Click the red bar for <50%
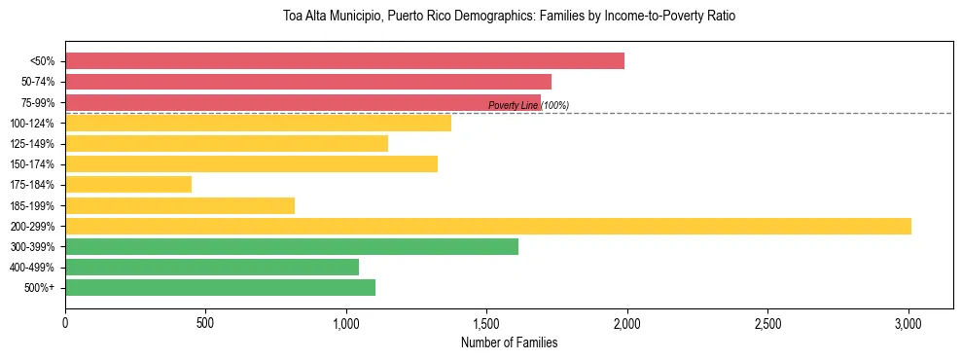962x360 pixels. click(344, 61)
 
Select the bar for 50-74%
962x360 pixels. click(308, 82)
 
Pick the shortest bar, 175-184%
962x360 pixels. click(128, 185)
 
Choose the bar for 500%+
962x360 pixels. click(220, 288)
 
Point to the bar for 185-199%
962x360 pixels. click(180, 205)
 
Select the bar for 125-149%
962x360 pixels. click(227, 144)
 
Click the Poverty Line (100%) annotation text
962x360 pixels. click(528, 105)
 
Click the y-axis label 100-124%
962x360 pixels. click(32, 124)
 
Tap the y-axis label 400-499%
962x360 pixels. click(32, 268)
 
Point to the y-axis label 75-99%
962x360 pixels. click(35, 103)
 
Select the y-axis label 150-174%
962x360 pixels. click(32, 164)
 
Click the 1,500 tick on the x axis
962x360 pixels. click(486, 322)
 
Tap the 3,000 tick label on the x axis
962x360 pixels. click(908, 322)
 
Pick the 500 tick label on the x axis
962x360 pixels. click(205, 322)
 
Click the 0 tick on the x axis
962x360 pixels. click(65, 322)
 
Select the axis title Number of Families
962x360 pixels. click(509, 342)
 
